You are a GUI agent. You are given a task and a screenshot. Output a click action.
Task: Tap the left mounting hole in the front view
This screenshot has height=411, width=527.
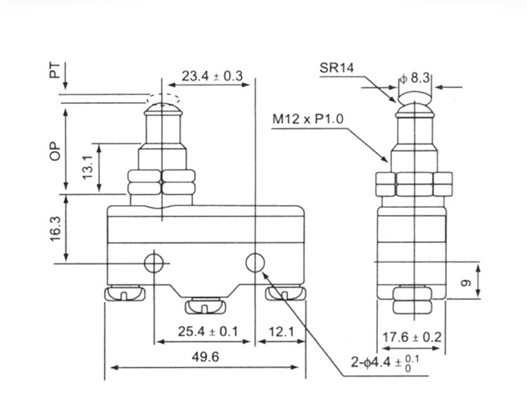(x=153, y=263)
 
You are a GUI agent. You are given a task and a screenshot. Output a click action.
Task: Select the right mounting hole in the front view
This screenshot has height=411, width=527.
(x=254, y=263)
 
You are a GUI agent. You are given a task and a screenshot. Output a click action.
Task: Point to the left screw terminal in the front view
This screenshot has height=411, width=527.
(x=124, y=293)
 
